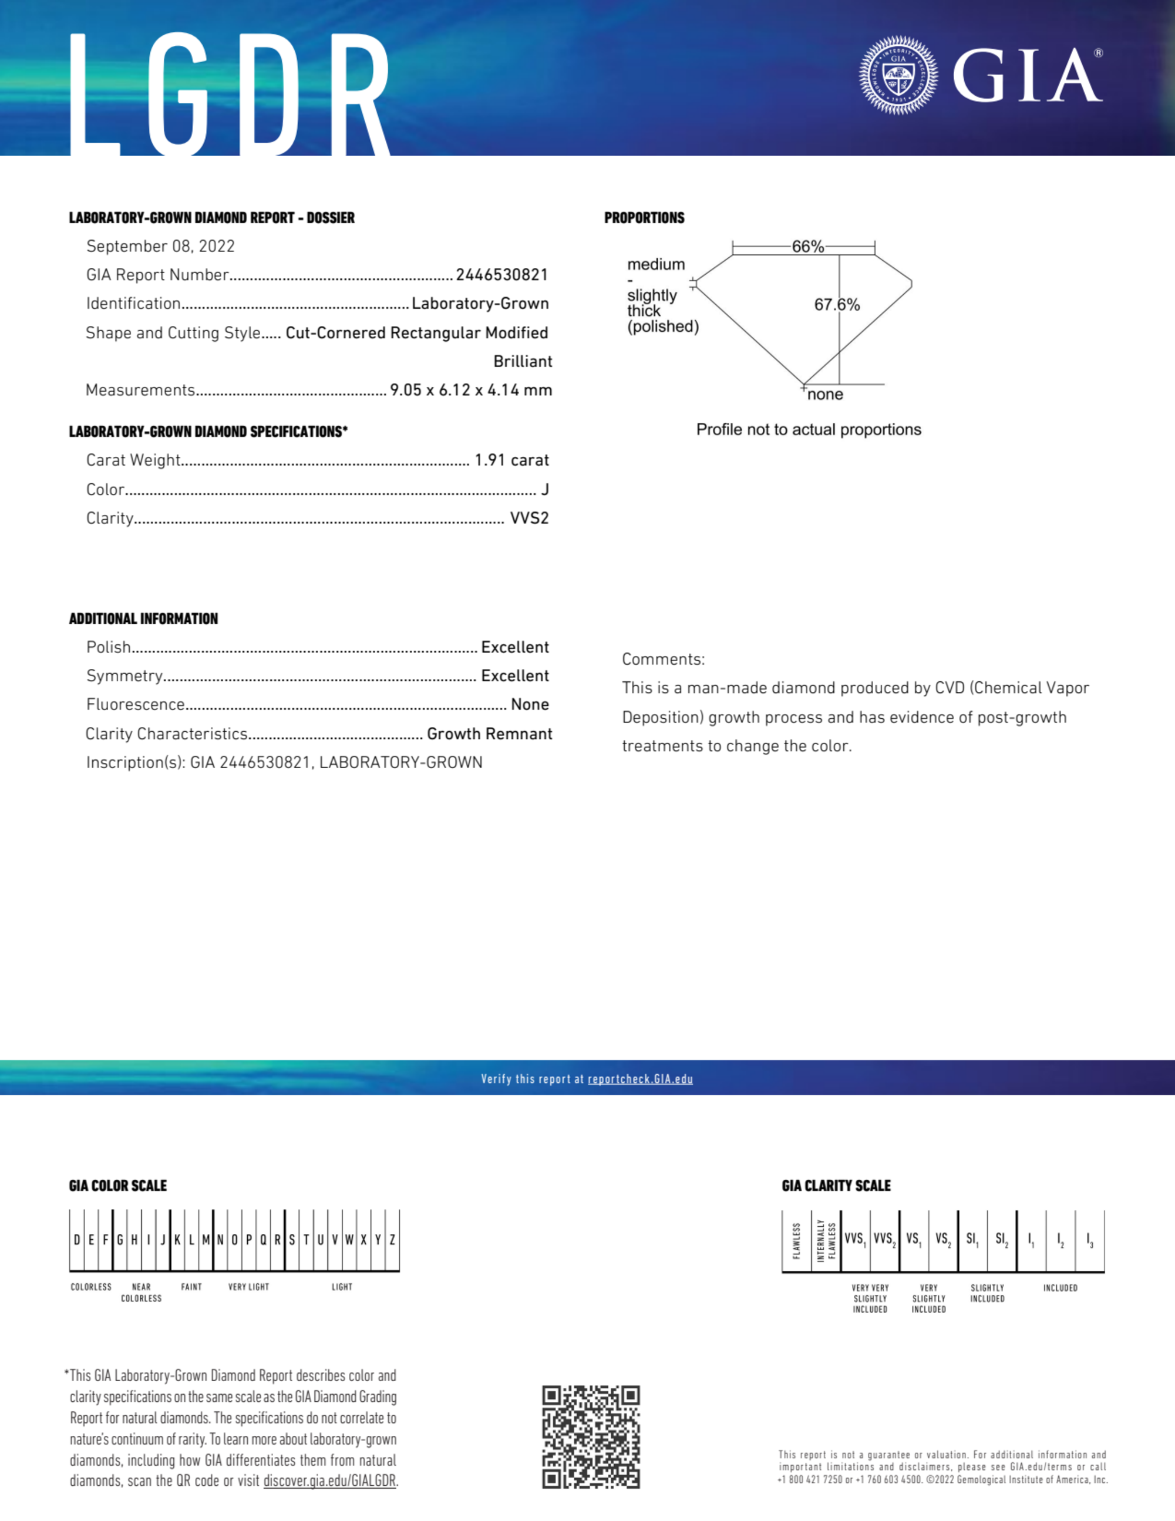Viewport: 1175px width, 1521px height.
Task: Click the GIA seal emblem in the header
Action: [x=898, y=75]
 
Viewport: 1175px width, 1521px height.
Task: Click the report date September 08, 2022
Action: [x=160, y=247]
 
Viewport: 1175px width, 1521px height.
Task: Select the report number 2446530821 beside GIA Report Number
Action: [x=501, y=275]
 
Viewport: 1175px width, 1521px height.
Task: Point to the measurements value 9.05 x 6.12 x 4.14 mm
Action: [x=471, y=390]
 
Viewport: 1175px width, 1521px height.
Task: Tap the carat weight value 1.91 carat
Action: [x=511, y=460]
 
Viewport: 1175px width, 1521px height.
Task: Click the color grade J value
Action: [x=545, y=490]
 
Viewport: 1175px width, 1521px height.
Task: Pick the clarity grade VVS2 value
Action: [x=529, y=518]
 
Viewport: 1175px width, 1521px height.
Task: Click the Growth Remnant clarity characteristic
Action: [x=489, y=734]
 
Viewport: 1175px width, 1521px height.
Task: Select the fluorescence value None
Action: [x=529, y=705]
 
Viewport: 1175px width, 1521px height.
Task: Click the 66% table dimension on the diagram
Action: [x=807, y=247]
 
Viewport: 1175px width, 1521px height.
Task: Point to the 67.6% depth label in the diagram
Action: [x=837, y=305]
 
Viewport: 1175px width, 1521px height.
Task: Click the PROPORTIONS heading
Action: [x=644, y=218]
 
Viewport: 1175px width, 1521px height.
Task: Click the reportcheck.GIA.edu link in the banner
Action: [x=640, y=1079]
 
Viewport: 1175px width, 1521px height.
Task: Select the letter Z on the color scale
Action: [x=393, y=1240]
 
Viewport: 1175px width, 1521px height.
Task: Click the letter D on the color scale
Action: [x=76, y=1240]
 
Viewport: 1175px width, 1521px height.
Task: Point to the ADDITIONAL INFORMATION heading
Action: [x=143, y=619]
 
